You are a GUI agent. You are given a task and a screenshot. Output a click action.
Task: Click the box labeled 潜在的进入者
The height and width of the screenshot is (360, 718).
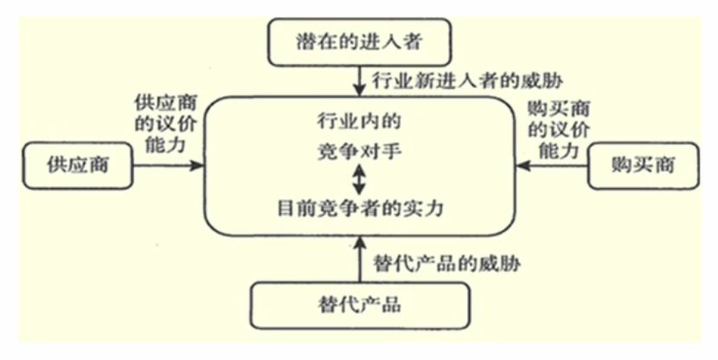[360, 42]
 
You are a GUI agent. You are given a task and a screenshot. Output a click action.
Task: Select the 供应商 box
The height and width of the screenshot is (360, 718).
[78, 165]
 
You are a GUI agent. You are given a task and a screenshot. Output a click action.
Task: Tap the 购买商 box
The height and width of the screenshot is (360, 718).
[644, 165]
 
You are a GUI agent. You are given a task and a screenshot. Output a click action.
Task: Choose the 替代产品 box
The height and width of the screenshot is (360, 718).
[360, 305]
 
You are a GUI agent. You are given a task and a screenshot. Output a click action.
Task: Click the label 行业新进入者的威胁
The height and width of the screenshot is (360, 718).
[467, 81]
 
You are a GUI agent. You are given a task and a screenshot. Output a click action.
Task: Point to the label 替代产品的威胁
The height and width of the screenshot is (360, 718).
[447, 264]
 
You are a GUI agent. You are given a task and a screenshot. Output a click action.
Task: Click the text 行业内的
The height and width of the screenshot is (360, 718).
[360, 121]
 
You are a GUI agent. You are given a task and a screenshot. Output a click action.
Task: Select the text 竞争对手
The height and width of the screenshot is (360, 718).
[360, 151]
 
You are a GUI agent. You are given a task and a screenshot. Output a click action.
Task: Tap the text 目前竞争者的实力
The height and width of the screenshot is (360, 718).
[361, 209]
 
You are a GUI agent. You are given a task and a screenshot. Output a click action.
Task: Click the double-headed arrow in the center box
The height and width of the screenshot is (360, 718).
[360, 179]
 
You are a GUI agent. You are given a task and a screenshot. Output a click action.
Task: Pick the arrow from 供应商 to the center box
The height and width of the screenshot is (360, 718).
[168, 165]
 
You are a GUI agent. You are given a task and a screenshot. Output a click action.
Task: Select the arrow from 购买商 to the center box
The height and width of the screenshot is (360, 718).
[552, 165]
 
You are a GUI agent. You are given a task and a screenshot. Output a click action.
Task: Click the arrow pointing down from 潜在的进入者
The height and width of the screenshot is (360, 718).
[360, 81]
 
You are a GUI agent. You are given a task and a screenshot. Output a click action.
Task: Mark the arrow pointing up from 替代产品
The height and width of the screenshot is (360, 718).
[360, 259]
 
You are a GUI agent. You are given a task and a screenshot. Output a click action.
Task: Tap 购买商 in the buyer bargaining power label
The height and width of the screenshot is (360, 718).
[558, 109]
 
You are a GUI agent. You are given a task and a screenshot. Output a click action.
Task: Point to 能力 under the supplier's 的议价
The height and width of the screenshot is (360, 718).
[165, 145]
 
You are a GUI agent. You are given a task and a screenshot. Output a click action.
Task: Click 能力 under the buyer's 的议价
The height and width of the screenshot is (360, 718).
[558, 151]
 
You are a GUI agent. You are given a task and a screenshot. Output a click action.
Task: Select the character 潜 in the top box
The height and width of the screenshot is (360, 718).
[306, 42]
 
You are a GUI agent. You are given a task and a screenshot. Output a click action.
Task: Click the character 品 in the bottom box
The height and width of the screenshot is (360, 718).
[391, 305]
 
